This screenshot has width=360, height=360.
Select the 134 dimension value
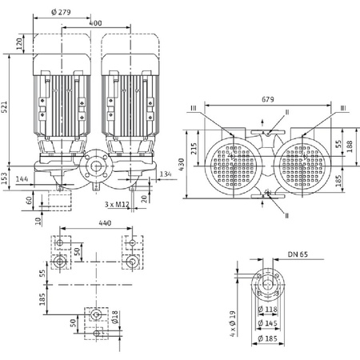tap(166, 174)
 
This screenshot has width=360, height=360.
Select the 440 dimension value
tap(94, 225)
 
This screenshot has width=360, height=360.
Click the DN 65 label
tap(298, 256)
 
